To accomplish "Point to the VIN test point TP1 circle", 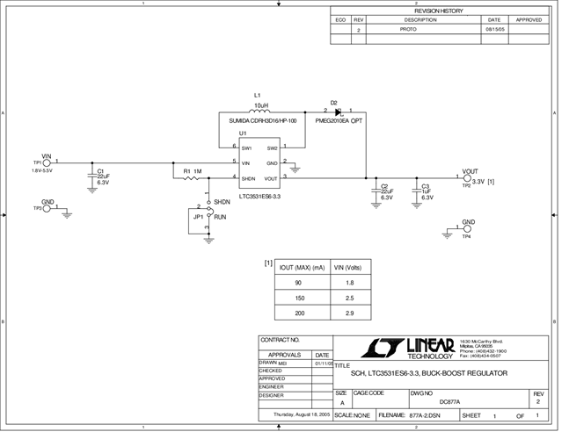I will tap(47, 162).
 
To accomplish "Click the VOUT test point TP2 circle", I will tap(467, 178).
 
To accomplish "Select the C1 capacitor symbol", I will tap(91, 176).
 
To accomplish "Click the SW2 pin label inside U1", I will tap(273, 148).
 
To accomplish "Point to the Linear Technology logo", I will tap(417, 349).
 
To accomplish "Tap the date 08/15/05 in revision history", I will tap(494, 29).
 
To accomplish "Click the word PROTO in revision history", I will tap(408, 29).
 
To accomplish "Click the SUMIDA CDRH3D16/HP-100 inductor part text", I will tap(263, 121).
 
